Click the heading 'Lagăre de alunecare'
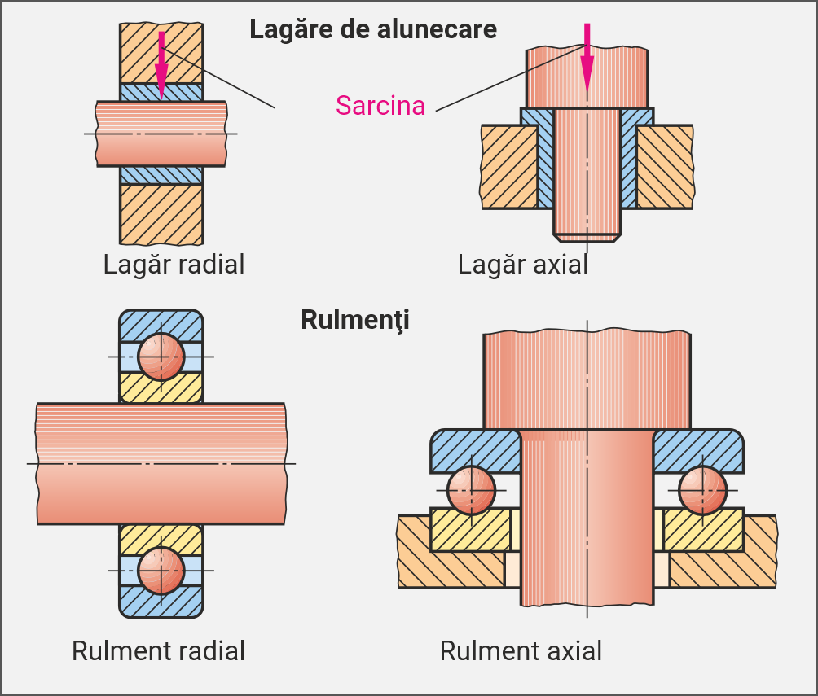point(372,29)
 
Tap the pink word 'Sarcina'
point(380,105)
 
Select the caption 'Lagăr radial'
point(174,265)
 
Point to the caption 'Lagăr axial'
point(522,265)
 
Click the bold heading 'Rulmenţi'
point(355,319)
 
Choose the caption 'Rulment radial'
point(158,650)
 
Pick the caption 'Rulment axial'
point(521,650)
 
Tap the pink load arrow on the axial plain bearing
point(587,57)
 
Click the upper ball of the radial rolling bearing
point(161,357)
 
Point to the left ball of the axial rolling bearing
point(470,490)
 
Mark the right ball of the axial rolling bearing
point(702,490)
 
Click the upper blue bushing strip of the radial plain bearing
point(161,92)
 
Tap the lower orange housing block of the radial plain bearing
point(161,213)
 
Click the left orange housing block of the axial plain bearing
point(508,167)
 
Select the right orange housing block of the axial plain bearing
point(664,167)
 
